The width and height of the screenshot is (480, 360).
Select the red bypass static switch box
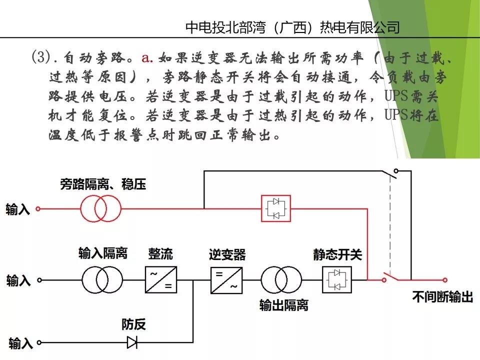coord(276,207)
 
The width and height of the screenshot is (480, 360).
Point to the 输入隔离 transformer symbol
coord(102,280)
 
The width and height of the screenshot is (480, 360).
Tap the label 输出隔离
coord(283,305)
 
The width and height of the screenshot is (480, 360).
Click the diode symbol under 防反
coord(132,342)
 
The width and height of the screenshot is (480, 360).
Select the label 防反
coord(133,324)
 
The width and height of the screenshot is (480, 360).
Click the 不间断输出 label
coord(442,297)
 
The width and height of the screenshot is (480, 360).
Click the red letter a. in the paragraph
coord(146,58)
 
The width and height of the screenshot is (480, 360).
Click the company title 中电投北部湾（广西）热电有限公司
coord(292,26)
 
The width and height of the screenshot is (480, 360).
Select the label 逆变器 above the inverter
coord(227,254)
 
